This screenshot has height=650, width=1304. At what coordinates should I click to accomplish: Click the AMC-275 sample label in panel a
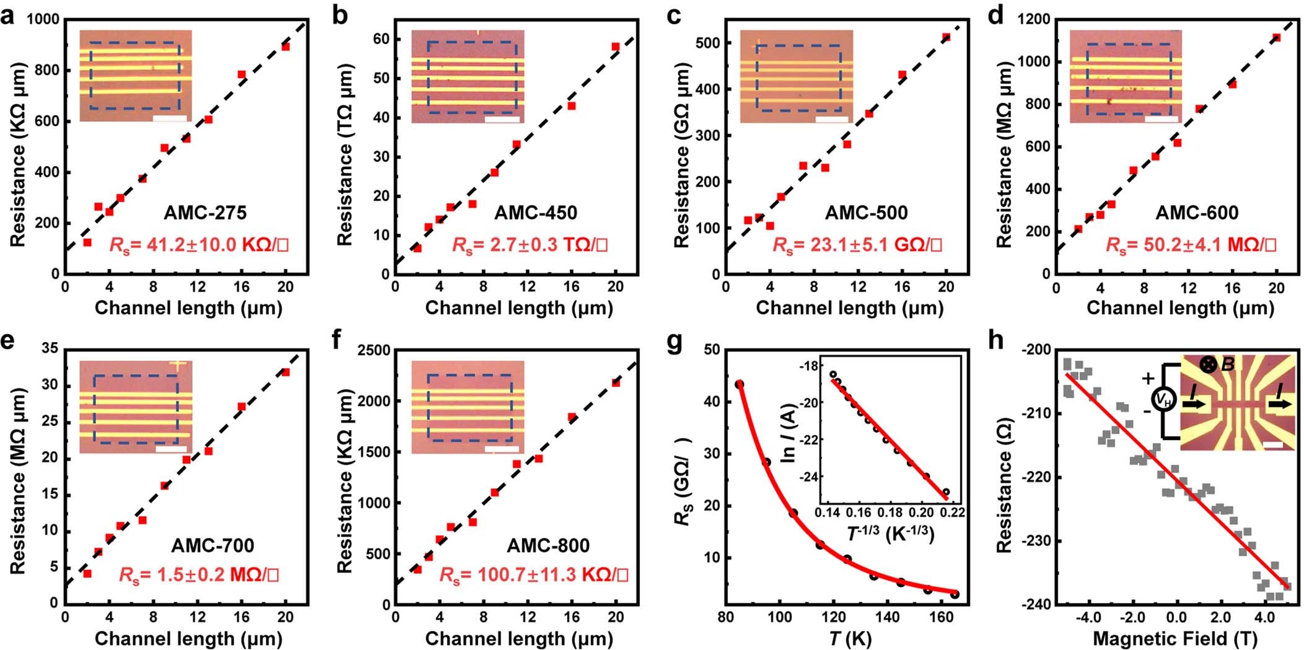click(205, 213)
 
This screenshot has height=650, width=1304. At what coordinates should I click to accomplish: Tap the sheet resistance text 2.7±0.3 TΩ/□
click(530, 245)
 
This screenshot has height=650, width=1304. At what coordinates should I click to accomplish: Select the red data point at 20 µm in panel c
click(946, 37)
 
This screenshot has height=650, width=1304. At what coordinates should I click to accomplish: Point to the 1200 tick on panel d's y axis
click(1034, 19)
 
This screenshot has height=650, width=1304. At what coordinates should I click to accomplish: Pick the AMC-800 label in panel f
click(548, 545)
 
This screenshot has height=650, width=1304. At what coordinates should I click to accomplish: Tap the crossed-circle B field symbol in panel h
click(1208, 364)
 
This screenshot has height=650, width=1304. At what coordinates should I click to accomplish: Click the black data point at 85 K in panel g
click(739, 384)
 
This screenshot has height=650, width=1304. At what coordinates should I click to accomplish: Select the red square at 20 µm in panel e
click(286, 372)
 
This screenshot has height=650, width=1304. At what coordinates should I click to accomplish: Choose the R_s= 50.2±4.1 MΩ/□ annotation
click(1191, 245)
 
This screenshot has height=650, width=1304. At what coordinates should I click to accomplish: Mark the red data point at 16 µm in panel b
click(572, 106)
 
